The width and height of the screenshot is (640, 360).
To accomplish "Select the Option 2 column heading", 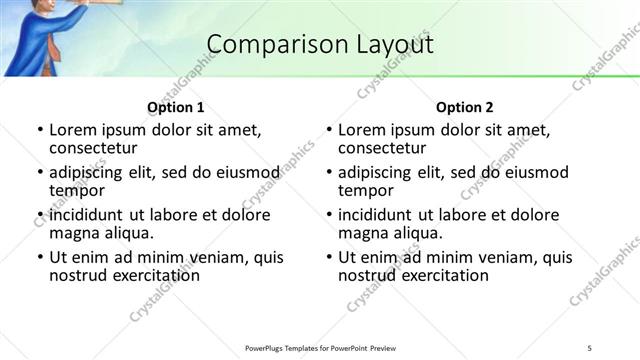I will click(465, 107).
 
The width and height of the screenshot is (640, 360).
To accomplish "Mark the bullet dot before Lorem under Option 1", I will click(39, 131).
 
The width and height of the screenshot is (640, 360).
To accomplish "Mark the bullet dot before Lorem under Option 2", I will click(329, 131).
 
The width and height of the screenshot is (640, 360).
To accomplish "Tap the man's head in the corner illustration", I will click(27, 8).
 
